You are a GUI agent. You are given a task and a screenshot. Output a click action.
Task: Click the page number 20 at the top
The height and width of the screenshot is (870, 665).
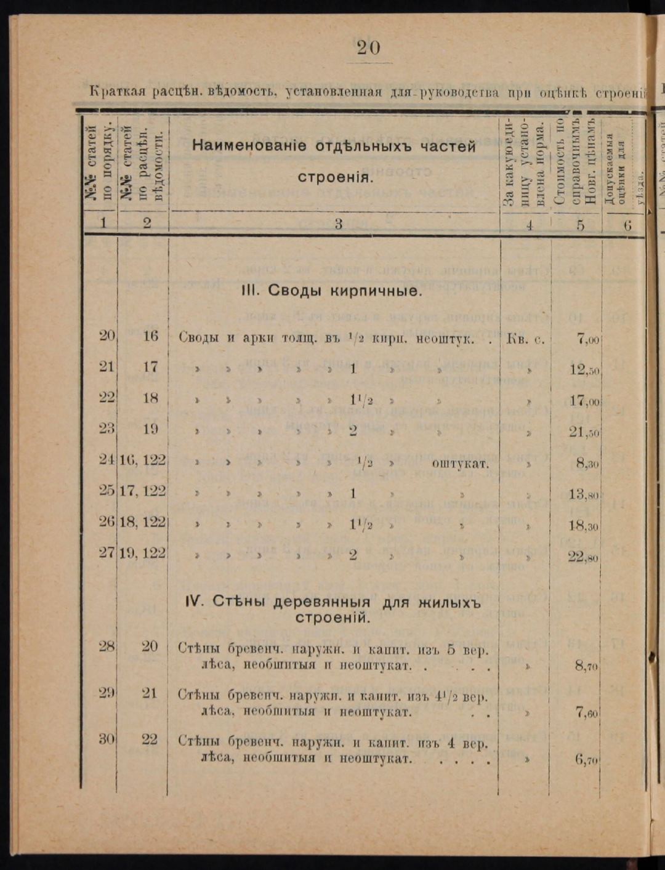click(x=368, y=47)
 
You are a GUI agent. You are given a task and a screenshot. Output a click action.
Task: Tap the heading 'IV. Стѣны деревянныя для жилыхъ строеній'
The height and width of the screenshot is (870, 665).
click(x=332, y=610)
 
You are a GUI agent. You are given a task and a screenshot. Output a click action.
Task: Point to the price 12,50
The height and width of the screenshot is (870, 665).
click(x=584, y=370)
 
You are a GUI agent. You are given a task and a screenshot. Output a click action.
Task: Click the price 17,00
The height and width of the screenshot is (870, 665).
click(x=584, y=401)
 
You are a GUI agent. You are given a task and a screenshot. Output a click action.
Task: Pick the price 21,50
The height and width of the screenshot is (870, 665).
click(x=584, y=432)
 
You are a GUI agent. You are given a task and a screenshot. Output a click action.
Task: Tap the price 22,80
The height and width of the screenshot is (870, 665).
click(x=584, y=558)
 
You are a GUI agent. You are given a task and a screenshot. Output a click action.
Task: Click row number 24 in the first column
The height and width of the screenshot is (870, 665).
click(x=107, y=460)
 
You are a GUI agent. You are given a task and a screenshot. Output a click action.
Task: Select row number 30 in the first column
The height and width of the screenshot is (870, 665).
click(x=107, y=739)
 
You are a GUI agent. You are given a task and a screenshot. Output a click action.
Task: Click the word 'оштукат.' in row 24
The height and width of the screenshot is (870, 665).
click(x=460, y=464)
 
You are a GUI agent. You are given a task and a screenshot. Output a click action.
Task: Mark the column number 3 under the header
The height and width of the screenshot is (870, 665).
click(x=338, y=224)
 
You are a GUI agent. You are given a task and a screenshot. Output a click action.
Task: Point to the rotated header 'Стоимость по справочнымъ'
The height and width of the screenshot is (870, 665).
click(x=567, y=161)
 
